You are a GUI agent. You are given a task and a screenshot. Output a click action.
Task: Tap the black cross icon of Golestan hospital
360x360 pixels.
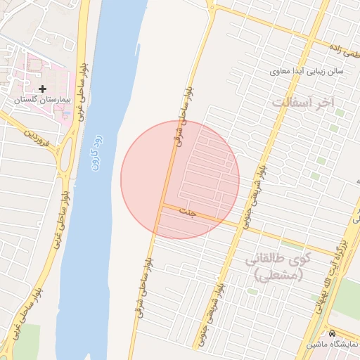coord(43,89)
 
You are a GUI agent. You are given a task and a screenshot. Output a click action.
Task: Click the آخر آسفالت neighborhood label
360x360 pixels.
coord(304,103)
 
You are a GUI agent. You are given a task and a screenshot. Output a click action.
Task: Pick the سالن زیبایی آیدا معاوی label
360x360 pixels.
coord(305,72)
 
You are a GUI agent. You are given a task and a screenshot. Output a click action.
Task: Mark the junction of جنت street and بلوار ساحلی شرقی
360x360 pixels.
coord(162,205)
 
